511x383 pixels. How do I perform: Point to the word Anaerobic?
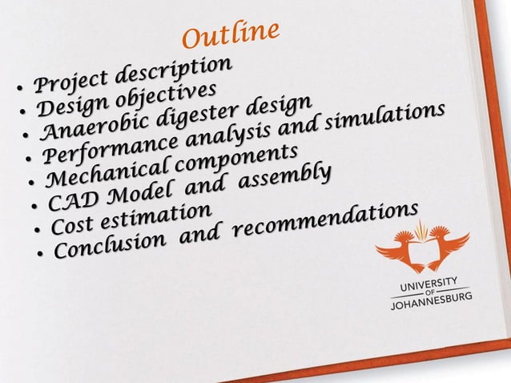click(x=84, y=127)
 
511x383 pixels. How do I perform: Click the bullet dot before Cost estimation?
click(x=38, y=229)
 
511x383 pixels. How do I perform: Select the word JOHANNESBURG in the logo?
click(x=431, y=302)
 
